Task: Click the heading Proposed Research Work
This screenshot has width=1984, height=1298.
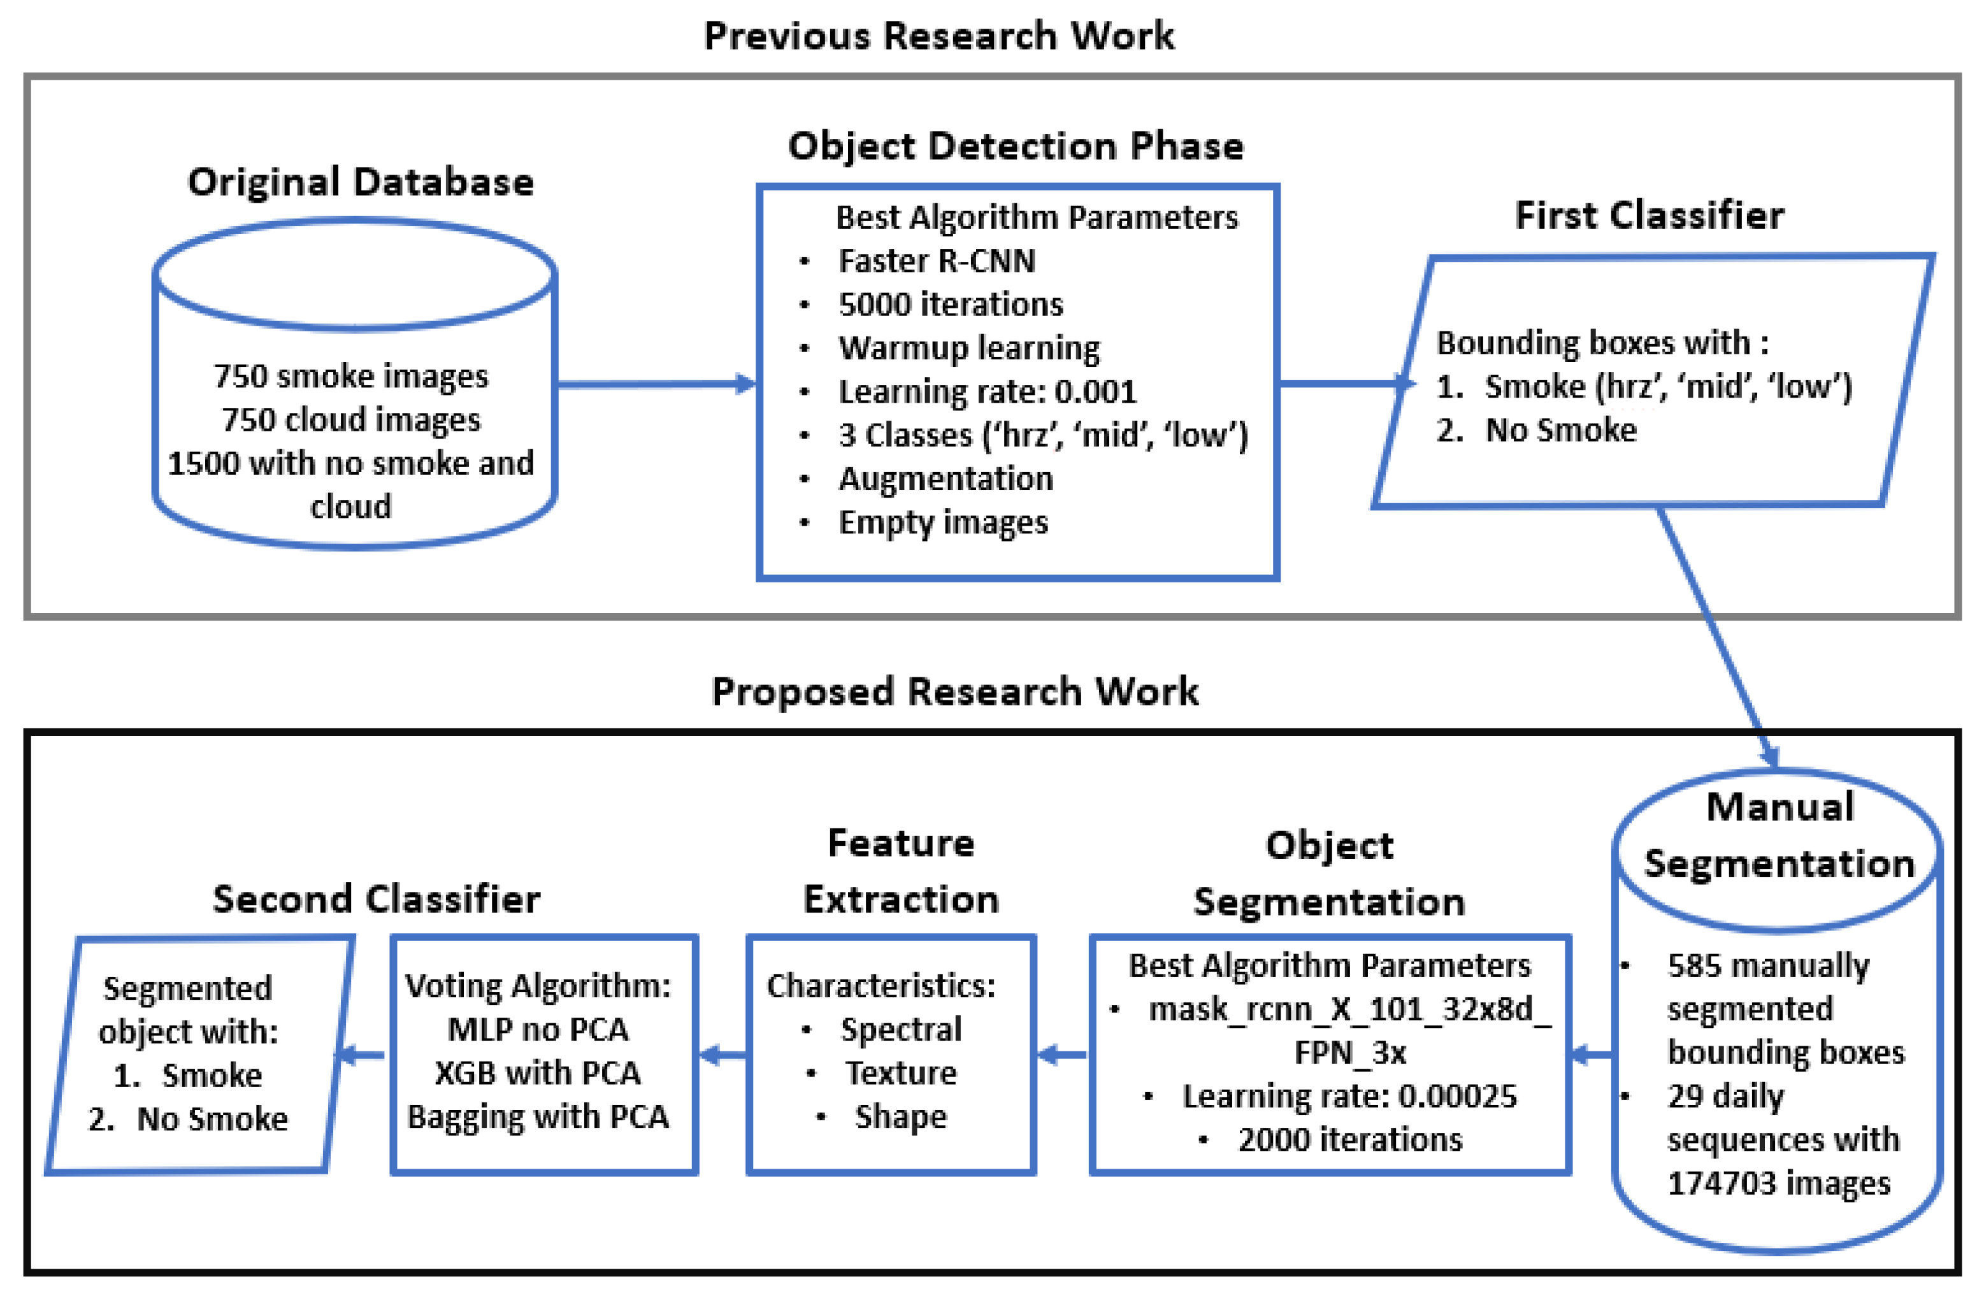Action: coord(954,692)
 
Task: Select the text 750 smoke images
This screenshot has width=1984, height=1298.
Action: coord(351,377)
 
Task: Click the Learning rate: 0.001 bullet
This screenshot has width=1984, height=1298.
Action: coord(987,392)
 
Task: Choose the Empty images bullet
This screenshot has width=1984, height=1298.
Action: coord(943,523)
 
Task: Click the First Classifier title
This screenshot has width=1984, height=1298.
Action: coord(1649,216)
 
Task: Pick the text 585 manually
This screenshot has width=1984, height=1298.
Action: coord(1767,966)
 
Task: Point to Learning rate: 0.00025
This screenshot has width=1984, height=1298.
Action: coord(1349,1096)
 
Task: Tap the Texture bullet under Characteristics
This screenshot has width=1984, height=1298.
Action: coord(900,1073)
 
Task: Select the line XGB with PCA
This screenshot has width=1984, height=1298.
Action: coord(538,1073)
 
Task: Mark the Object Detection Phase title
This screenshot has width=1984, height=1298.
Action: coord(1016,147)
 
